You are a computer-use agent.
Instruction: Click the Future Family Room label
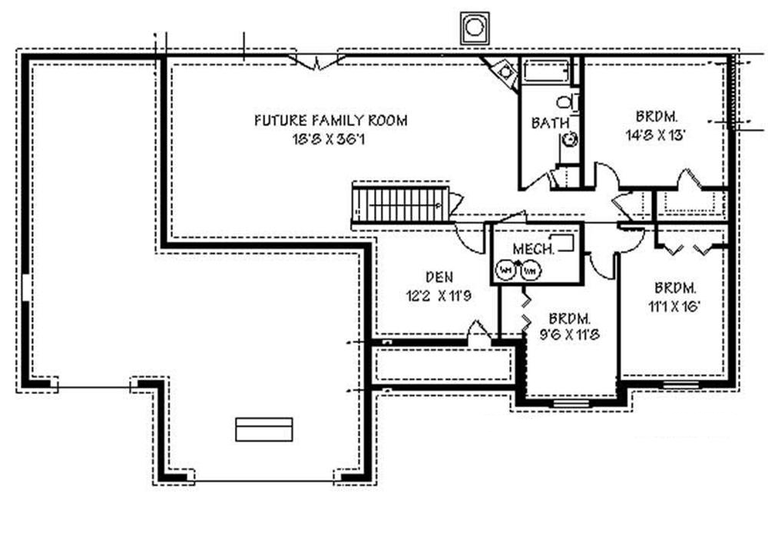click(330, 121)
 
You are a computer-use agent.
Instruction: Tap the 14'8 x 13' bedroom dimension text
click(655, 132)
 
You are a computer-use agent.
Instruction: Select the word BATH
click(550, 123)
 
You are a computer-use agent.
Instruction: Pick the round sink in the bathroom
click(571, 139)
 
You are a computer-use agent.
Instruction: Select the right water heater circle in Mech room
click(529, 270)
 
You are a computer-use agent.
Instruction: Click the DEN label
click(439, 277)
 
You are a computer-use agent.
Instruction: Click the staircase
click(400, 204)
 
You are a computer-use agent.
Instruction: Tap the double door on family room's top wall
click(316, 61)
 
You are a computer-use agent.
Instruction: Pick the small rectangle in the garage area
click(263, 430)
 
